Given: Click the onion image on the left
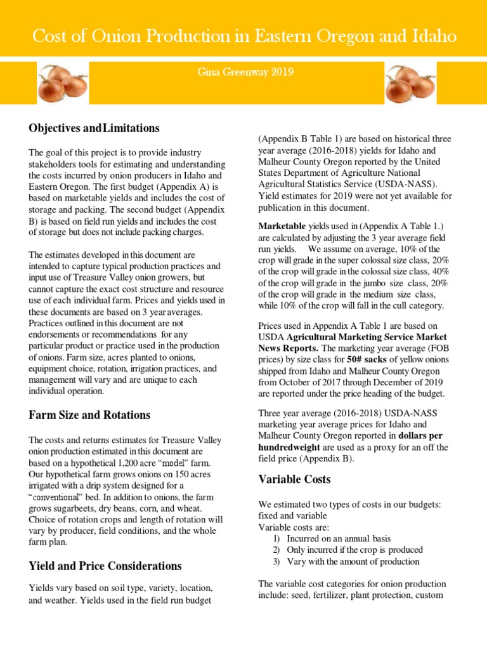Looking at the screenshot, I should [x=62, y=83].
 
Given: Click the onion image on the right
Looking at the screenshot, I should [x=410, y=83].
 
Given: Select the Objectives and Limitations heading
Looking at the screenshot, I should [x=94, y=128].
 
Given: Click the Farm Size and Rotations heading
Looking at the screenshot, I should [x=89, y=415].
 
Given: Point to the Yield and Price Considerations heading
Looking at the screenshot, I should [x=105, y=565].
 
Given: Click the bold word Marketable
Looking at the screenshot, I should [x=282, y=225].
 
